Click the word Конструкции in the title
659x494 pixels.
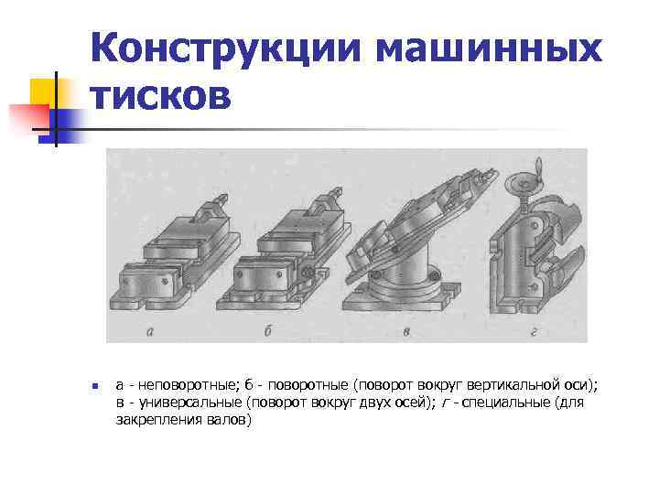(228, 47)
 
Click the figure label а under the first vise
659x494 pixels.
(149, 330)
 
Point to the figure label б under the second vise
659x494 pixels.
(268, 330)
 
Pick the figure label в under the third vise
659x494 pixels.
(406, 330)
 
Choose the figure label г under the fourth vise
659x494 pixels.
(533, 330)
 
